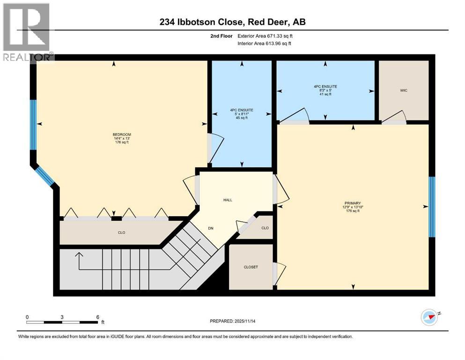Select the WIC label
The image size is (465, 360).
click(404, 90)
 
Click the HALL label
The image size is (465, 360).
click(228, 200)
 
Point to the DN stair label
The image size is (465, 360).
click(212, 228)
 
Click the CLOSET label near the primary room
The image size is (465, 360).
click(251, 267)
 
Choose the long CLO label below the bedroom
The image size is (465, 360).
click(121, 232)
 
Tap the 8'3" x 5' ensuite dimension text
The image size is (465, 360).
click(325, 90)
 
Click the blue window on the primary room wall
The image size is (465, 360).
click(432, 207)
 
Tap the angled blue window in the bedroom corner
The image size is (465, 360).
click(45, 176)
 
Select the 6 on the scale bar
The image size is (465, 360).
click(97, 317)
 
